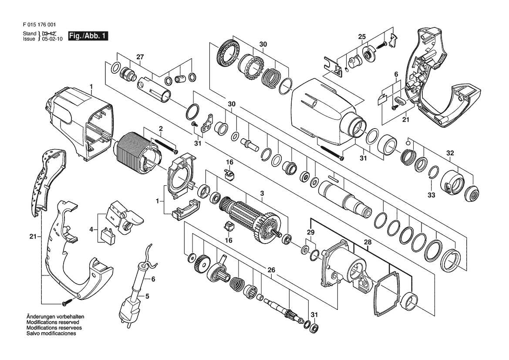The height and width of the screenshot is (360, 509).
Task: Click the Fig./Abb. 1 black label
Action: pyautogui.click(x=88, y=36)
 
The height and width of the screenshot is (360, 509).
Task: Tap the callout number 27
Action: pyautogui.click(x=140, y=57)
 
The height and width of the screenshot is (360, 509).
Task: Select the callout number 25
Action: pyautogui.click(x=362, y=37)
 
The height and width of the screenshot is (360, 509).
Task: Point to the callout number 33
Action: pyautogui.click(x=431, y=195)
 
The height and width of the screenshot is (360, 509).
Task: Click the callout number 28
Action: pyautogui.click(x=367, y=242)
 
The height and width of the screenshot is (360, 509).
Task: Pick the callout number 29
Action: pyautogui.click(x=310, y=232)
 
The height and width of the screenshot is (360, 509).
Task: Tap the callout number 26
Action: pyautogui.click(x=271, y=270)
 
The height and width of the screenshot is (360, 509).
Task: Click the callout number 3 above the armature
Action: pyautogui.click(x=262, y=194)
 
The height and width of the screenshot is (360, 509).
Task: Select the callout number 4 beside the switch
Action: pyautogui.click(x=91, y=230)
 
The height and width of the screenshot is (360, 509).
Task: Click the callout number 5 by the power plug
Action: pyautogui.click(x=147, y=296)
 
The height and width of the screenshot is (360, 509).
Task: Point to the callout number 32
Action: pyautogui.click(x=450, y=153)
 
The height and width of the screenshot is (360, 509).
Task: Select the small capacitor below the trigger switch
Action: pyautogui.click(x=107, y=235)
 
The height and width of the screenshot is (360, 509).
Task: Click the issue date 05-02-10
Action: pyautogui.click(x=52, y=39)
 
